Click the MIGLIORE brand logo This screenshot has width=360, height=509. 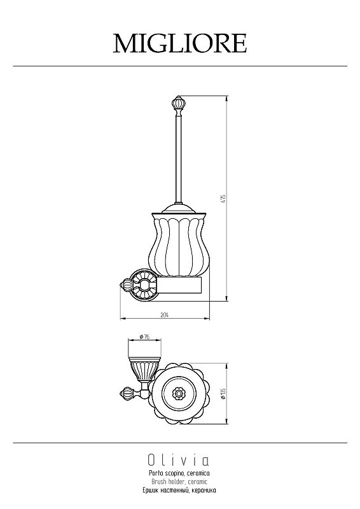click(x=180, y=43)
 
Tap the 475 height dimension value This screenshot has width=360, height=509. click(x=223, y=199)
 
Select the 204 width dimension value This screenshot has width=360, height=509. click(x=165, y=314)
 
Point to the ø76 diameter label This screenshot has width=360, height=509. click(x=144, y=337)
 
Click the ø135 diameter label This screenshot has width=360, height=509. click(x=223, y=393)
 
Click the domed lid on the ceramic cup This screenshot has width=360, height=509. click(x=179, y=208)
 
